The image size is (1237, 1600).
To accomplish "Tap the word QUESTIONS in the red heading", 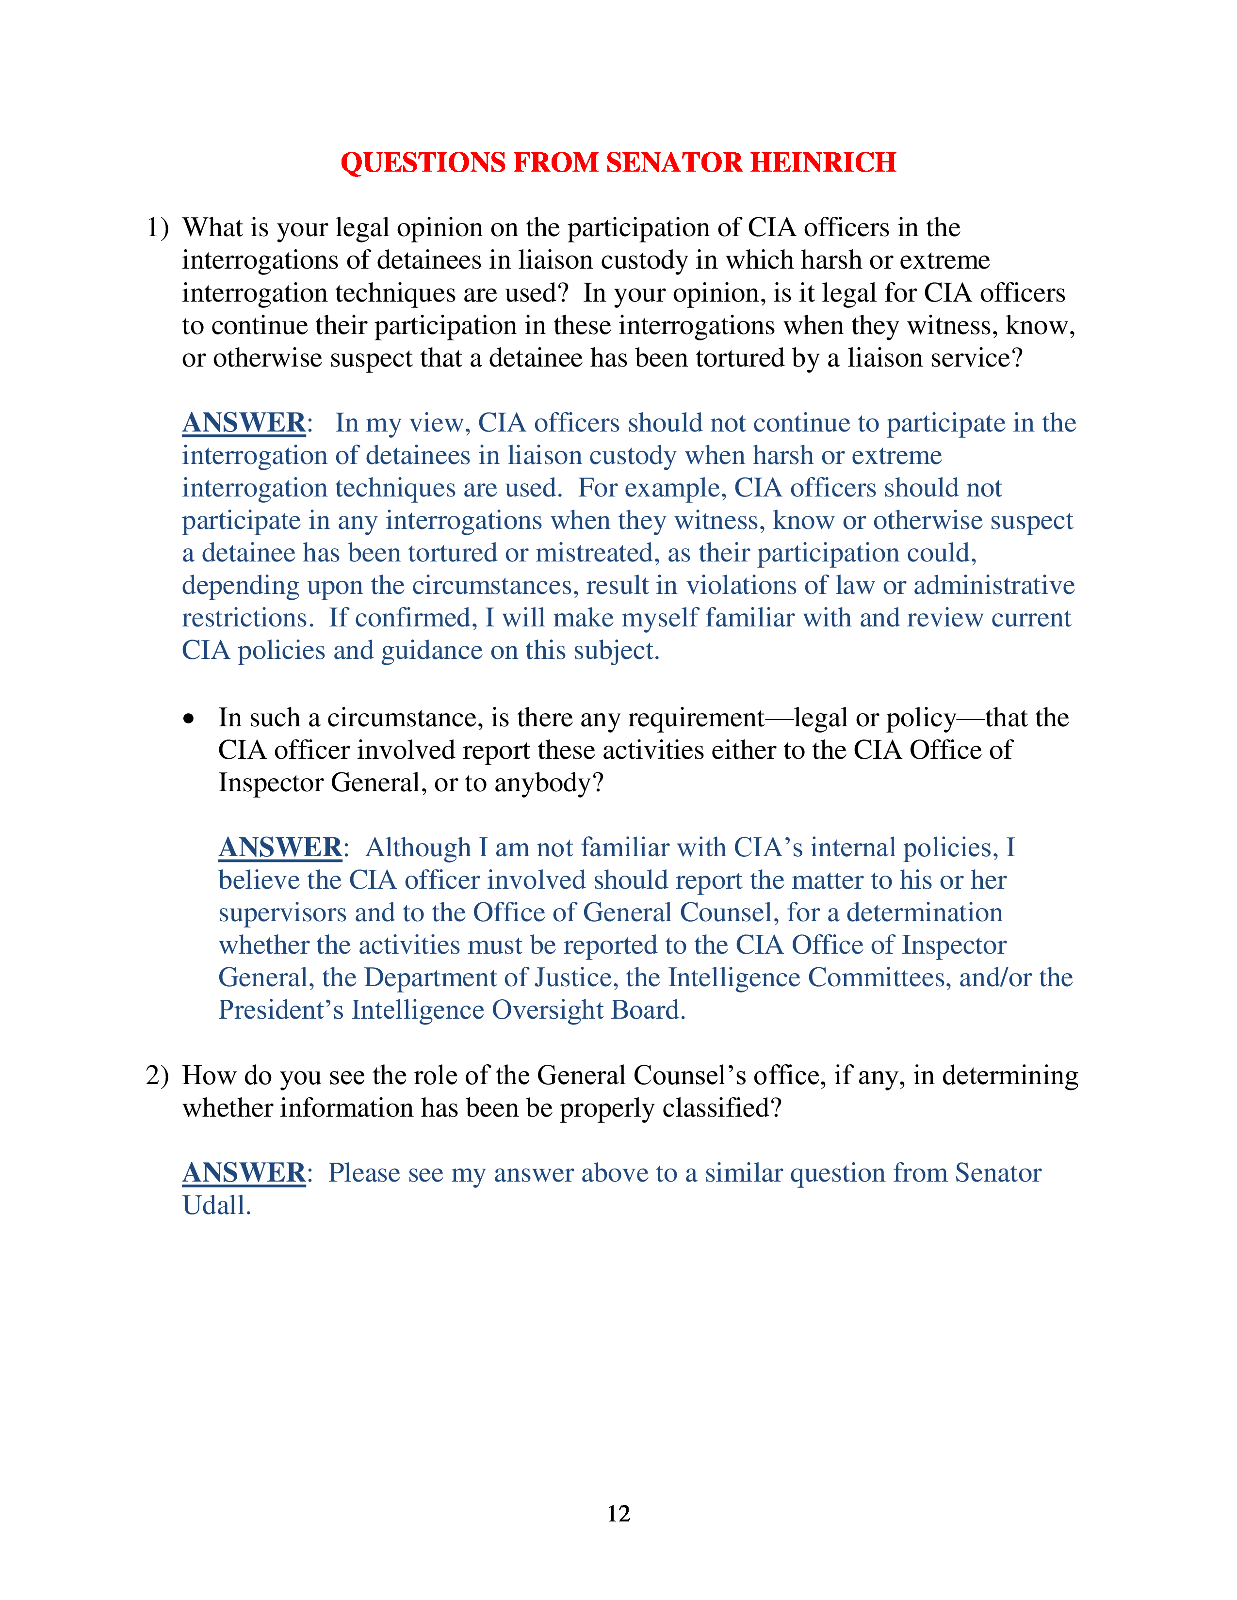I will click(x=423, y=162).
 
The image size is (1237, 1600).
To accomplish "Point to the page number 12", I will click(x=618, y=1514).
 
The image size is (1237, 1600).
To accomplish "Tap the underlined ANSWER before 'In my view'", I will click(x=244, y=423).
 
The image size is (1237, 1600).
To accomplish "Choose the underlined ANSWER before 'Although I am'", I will click(x=280, y=848).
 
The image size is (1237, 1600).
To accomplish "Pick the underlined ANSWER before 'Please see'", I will click(x=244, y=1173).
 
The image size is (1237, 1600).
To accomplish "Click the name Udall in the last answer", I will click(x=216, y=1206).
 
